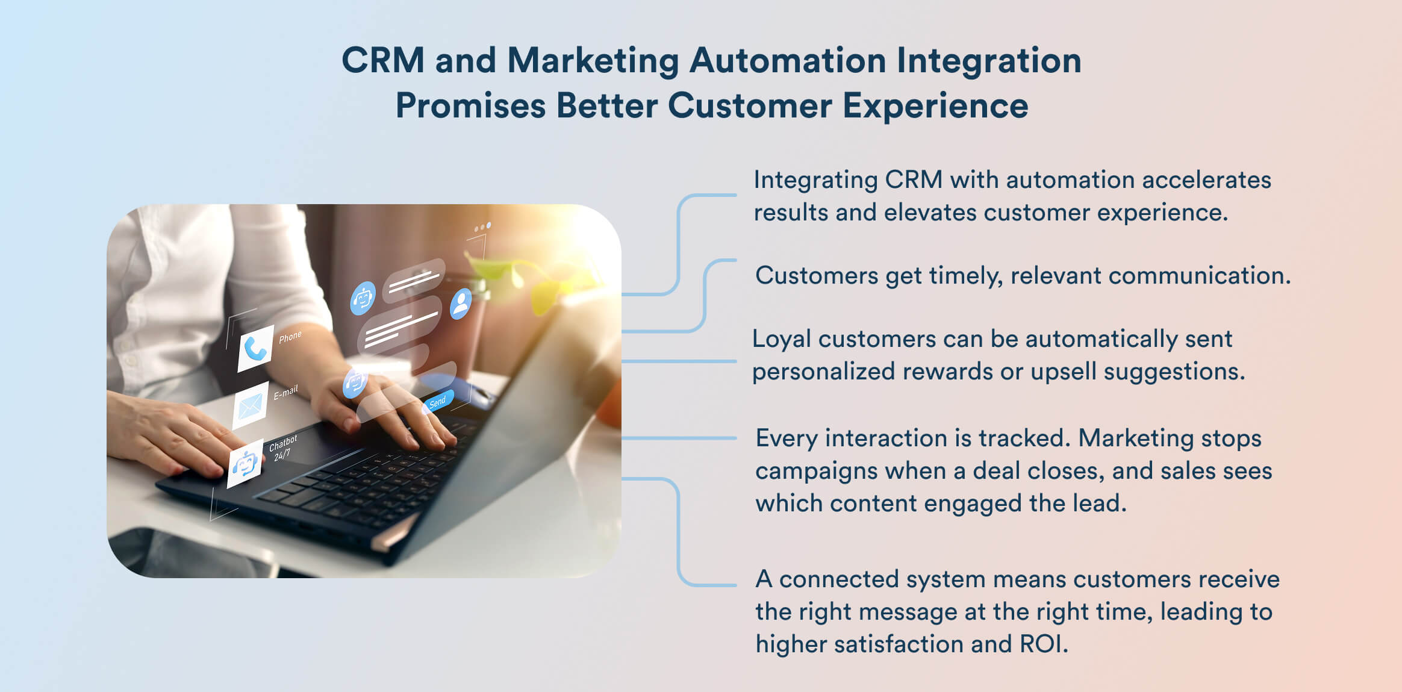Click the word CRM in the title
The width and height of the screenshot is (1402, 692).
click(383, 61)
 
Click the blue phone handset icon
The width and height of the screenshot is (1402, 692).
click(256, 349)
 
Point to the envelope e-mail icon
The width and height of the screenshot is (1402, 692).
click(250, 407)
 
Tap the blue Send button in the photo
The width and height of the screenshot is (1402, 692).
click(438, 402)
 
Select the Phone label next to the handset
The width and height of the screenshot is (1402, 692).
click(290, 337)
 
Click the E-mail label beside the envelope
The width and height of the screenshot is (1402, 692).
click(285, 393)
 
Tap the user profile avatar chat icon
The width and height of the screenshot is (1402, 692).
click(461, 304)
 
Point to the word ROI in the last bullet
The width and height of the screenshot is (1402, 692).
click(1043, 644)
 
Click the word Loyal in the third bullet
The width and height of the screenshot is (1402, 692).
click(782, 339)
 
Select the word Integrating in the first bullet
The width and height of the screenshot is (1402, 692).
click(815, 180)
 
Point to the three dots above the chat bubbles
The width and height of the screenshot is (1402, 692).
click(482, 227)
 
